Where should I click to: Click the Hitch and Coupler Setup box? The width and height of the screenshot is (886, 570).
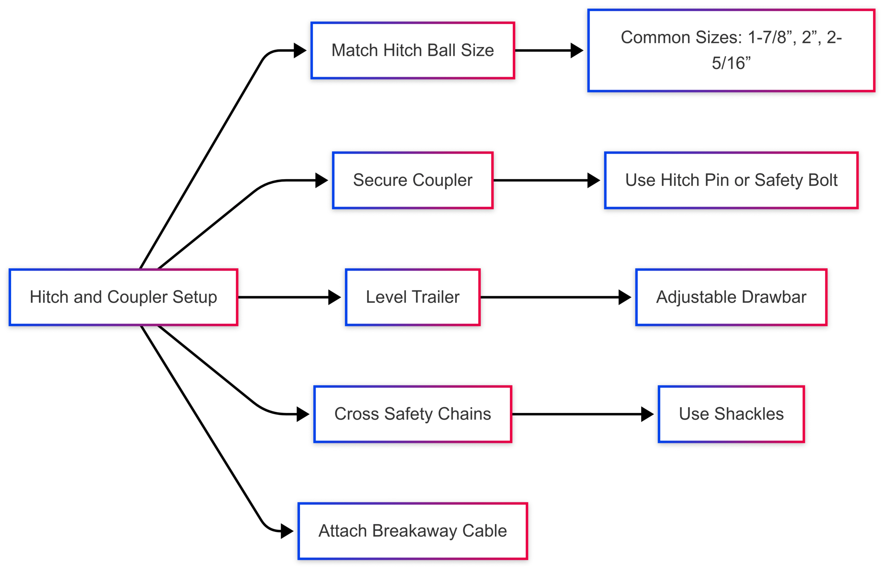pyautogui.click(x=123, y=297)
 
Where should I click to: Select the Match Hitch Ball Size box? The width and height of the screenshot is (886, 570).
pyautogui.click(x=413, y=50)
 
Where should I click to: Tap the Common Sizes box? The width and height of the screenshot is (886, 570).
pyautogui.click(x=731, y=50)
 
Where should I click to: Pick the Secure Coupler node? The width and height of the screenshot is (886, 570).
pyautogui.click(x=413, y=180)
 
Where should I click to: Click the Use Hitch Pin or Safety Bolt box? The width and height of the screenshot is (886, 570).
pyautogui.click(x=731, y=180)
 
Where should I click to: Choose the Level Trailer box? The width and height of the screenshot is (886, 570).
pyautogui.click(x=413, y=297)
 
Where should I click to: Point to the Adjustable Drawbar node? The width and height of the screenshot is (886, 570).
pyautogui.click(x=731, y=297)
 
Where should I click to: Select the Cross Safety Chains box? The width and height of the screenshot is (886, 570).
pyautogui.click(x=413, y=414)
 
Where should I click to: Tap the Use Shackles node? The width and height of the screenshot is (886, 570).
pyautogui.click(x=731, y=414)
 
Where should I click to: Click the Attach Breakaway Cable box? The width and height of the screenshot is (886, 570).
pyautogui.click(x=413, y=531)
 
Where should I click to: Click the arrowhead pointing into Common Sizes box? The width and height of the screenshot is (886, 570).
pyautogui.click(x=577, y=50)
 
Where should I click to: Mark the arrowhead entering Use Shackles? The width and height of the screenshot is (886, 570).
pyautogui.click(x=648, y=414)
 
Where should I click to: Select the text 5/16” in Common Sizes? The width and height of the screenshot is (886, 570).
pyautogui.click(x=731, y=63)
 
